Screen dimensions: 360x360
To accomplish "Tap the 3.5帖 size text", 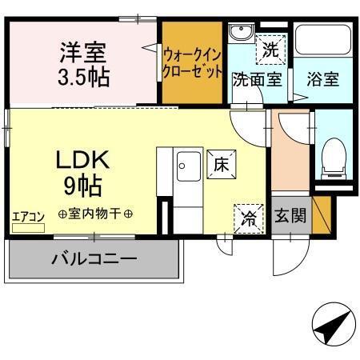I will coord(82,78).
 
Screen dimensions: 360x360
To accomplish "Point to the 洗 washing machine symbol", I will coord(271,49).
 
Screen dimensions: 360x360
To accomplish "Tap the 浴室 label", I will coord(321,79).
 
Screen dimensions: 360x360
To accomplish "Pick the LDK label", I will coord(81,160).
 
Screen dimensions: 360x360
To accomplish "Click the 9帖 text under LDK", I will coord(82,186).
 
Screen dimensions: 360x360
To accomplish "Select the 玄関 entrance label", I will coord(290,214).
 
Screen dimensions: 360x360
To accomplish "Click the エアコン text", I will coord(27,215).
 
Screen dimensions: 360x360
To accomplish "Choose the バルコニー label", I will coord(94,258).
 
